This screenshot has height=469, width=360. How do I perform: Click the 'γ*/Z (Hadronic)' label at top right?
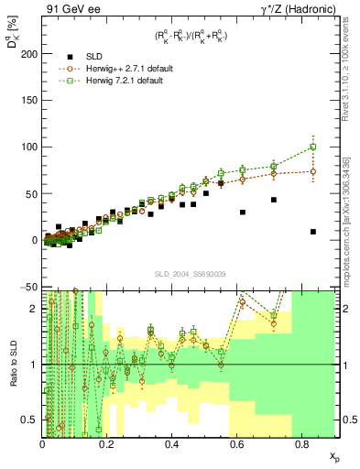pos(296,10)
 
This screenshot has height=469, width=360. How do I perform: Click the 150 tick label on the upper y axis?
pos(27,100)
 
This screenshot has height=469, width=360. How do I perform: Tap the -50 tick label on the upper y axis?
pos(27,287)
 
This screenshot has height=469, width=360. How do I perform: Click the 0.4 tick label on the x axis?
pos(171,444)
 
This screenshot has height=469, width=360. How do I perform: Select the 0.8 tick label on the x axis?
pos(301,444)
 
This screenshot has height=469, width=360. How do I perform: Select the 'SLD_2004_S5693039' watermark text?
pos(190,273)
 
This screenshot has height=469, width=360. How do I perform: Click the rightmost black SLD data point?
pos(313,232)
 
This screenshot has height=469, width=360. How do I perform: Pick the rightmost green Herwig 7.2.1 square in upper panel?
pos(313,147)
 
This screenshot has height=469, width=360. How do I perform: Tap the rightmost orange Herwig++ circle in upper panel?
pos(313,171)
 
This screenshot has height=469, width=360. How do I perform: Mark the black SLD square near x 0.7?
pos(274,200)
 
